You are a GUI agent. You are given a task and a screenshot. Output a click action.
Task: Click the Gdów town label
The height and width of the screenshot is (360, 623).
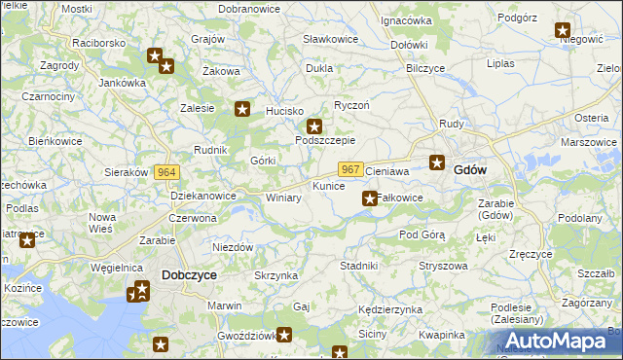pos(470,169)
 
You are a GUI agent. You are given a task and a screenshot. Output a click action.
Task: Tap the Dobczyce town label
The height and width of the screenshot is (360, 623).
pos(189,275)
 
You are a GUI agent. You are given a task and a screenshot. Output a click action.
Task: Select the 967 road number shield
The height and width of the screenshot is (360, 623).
pos(352,168)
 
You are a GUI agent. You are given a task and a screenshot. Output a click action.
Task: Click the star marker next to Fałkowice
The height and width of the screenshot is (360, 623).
pos(370,198)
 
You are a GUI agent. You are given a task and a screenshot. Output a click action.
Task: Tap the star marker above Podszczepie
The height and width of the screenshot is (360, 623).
pos(314,126)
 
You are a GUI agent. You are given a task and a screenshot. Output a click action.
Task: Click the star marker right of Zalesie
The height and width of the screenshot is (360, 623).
pos(242,110)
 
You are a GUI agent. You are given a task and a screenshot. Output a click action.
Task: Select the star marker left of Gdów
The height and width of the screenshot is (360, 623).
pos(438,163)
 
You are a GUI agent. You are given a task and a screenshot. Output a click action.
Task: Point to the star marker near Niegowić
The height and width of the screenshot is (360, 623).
pos(563,30)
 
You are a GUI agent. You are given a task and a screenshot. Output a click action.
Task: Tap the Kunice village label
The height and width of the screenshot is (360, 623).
pos(328,185)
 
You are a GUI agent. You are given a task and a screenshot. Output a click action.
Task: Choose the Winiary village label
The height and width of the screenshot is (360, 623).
pos(283,198)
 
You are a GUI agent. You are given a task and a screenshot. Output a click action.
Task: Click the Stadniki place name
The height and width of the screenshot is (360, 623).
pos(358,265)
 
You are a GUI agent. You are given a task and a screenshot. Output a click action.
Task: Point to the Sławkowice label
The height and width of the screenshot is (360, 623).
pos(330,39)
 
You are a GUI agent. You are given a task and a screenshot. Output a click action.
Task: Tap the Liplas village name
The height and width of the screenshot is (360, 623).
pos(500,63)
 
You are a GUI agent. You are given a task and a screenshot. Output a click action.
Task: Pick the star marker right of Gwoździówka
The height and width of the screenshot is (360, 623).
pos(284,336)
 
